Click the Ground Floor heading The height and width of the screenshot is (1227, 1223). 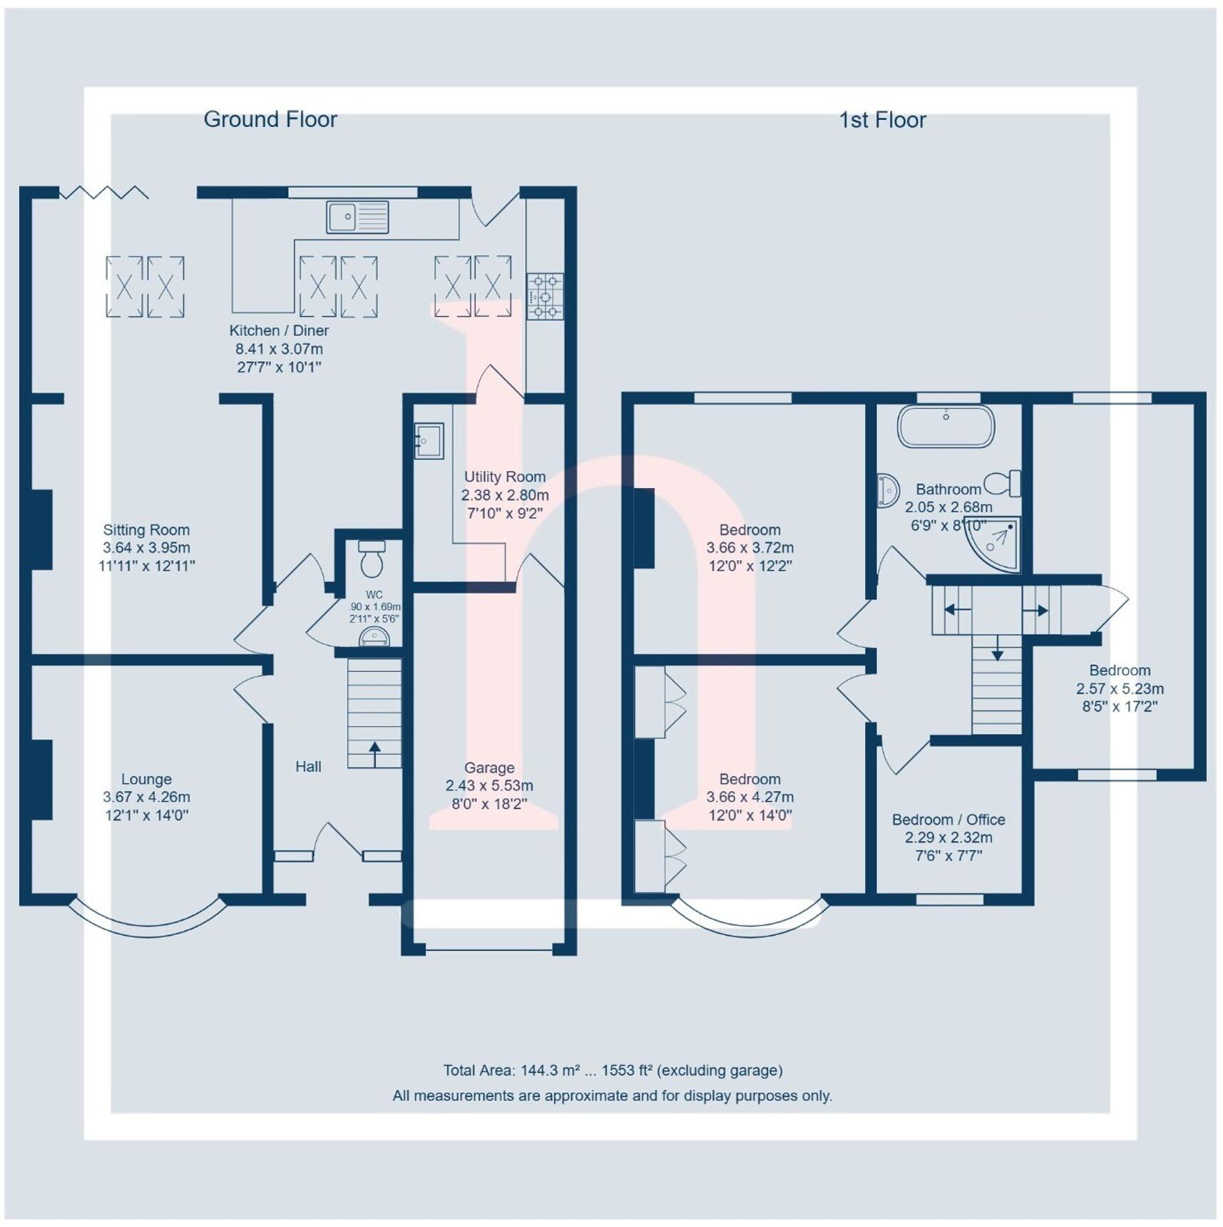coord(270,119)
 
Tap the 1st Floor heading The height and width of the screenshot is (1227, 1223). coord(882,120)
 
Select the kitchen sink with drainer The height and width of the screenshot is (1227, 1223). coord(357,217)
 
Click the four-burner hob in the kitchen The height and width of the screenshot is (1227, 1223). coord(545,295)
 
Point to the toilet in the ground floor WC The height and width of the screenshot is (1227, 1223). coord(371,560)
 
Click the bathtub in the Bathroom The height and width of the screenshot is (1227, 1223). coord(946,427)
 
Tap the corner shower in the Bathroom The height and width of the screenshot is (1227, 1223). coord(996,544)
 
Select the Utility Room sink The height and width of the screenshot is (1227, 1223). coord(429,441)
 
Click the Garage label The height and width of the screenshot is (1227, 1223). coord(489,768)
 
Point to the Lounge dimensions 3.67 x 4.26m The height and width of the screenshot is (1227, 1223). coord(146,797)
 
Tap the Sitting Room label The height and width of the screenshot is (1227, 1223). coord(146,529)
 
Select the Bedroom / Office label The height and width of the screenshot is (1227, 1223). coord(948,820)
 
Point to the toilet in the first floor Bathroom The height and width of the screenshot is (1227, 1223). coord(1003,484)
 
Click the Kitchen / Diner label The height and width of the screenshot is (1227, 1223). coord(279,330)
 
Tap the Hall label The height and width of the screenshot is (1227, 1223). coord(308,766)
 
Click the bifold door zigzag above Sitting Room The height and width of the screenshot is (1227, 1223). coord(104,192)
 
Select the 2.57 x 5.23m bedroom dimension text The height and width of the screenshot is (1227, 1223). coord(1120,688)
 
